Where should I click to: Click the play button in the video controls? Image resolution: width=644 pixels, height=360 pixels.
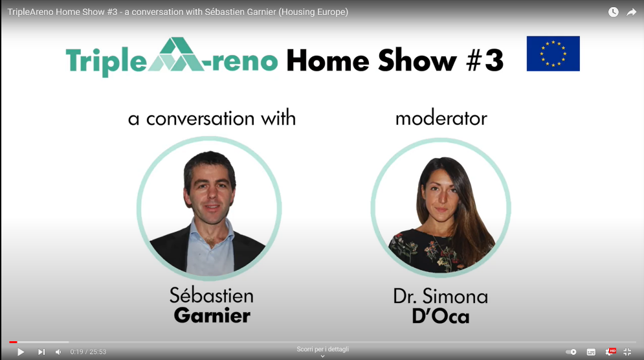[21, 352]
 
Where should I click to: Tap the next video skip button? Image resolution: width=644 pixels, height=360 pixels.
[41, 352]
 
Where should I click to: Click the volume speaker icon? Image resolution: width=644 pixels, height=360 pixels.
[58, 352]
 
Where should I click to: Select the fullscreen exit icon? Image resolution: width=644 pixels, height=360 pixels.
[627, 352]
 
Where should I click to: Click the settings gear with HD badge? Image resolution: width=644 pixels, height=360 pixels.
[610, 352]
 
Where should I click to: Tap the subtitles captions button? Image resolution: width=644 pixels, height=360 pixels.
[591, 352]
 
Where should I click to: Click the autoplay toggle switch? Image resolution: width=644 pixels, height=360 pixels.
[571, 352]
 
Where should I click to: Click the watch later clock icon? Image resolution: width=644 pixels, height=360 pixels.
[613, 12]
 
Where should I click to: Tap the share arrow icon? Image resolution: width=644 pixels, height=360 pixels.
[631, 12]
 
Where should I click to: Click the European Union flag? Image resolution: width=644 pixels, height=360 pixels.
[553, 54]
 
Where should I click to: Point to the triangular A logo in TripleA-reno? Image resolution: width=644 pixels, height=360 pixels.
[176, 54]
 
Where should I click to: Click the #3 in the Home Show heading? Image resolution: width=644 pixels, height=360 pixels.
[485, 60]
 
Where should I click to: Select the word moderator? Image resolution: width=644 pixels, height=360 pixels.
[441, 118]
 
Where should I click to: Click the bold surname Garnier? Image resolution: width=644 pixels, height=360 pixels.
[212, 315]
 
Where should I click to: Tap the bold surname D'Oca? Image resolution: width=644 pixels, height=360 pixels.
[441, 317]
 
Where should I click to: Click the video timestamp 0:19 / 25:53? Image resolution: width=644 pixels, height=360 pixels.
[88, 352]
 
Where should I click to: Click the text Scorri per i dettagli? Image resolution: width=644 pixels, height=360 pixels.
[323, 349]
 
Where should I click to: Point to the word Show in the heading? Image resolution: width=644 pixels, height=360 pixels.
[417, 60]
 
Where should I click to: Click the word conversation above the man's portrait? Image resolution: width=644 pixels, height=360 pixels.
[201, 118]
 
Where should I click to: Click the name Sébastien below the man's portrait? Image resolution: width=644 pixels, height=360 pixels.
[212, 295]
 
